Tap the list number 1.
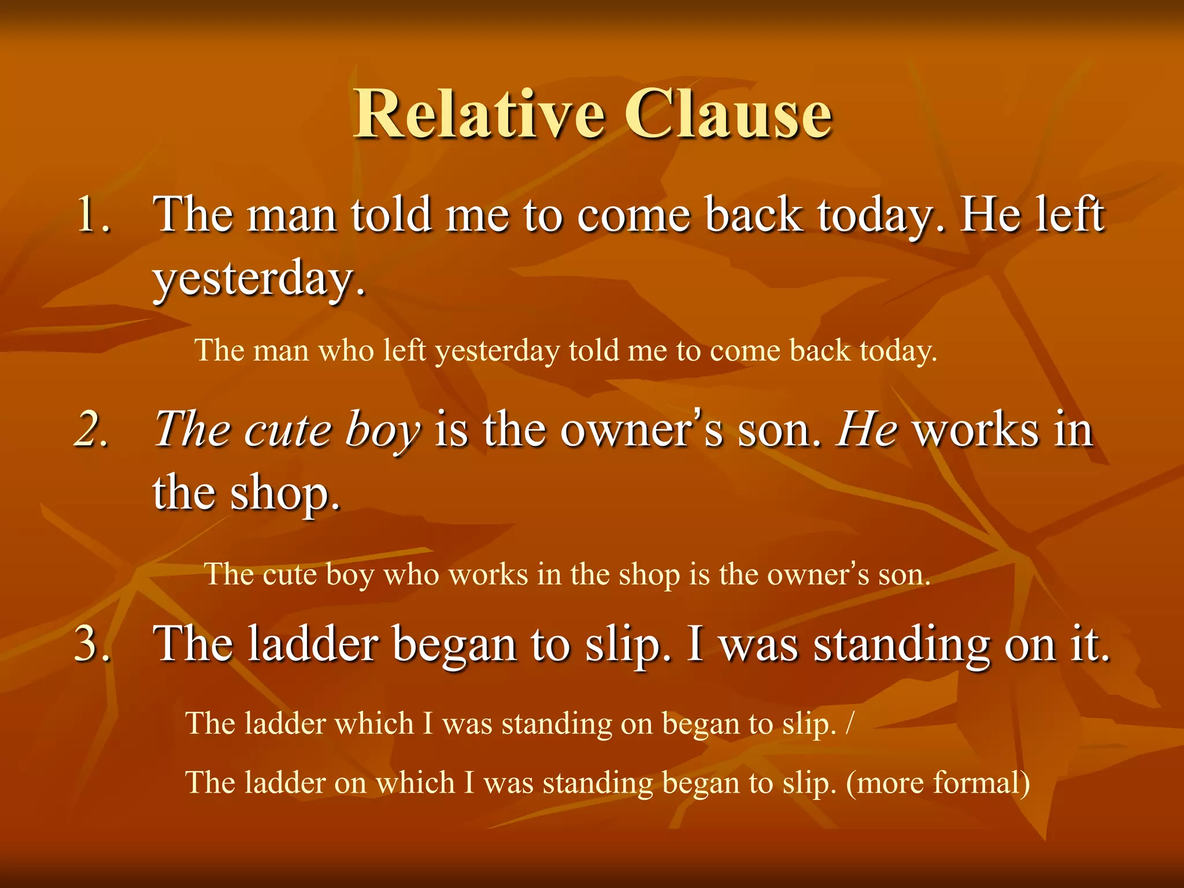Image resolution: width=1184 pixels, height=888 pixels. click(92, 215)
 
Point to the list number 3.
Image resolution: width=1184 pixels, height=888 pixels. click(92, 644)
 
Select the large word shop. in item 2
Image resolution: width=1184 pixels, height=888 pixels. click(285, 494)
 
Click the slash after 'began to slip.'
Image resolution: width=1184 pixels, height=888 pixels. click(849, 724)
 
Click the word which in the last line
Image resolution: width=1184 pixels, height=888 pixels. click(415, 783)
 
